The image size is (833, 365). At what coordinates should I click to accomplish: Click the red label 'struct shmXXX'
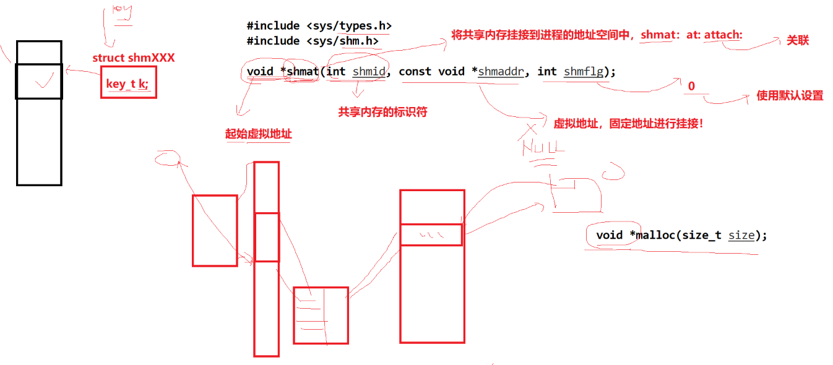(133, 58)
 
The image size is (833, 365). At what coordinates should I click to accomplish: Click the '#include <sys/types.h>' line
(319, 26)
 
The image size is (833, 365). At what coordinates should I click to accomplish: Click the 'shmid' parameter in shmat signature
(369, 71)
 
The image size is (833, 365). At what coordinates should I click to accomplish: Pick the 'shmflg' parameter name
(583, 71)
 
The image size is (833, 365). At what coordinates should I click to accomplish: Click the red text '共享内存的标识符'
(382, 112)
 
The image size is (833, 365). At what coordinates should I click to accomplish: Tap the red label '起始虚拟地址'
(259, 134)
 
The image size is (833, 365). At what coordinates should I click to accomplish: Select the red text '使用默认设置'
(790, 96)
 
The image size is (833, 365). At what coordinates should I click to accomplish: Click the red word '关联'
(798, 41)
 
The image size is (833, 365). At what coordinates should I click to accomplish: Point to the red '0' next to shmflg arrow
(691, 87)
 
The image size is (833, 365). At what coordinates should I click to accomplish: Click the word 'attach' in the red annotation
(722, 35)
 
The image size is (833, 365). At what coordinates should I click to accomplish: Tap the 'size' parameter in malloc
(741, 235)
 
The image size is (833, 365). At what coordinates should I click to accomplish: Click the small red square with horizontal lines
(321, 315)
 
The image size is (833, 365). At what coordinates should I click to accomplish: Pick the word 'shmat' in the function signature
(303, 71)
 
